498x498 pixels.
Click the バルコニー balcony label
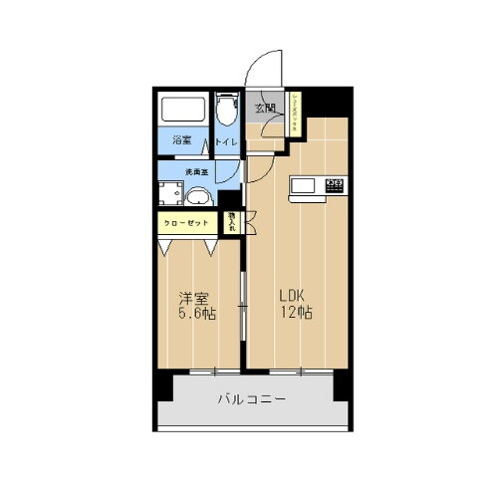252,401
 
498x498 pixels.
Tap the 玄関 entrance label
265,108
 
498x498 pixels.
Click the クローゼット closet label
186,223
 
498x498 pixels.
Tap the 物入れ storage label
231,222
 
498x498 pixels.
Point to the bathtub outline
183,110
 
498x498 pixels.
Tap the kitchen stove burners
334,183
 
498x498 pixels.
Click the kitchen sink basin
304,185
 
